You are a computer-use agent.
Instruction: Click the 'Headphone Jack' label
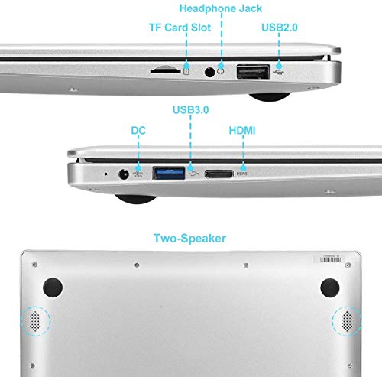pos(221,8)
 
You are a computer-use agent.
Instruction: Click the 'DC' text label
pos(138,132)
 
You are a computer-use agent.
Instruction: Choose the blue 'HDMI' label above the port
pos(242,132)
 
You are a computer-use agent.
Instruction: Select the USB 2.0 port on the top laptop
pos(254,72)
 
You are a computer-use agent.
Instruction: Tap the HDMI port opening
pos(219,174)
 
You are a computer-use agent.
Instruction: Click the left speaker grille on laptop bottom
pos(34,321)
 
